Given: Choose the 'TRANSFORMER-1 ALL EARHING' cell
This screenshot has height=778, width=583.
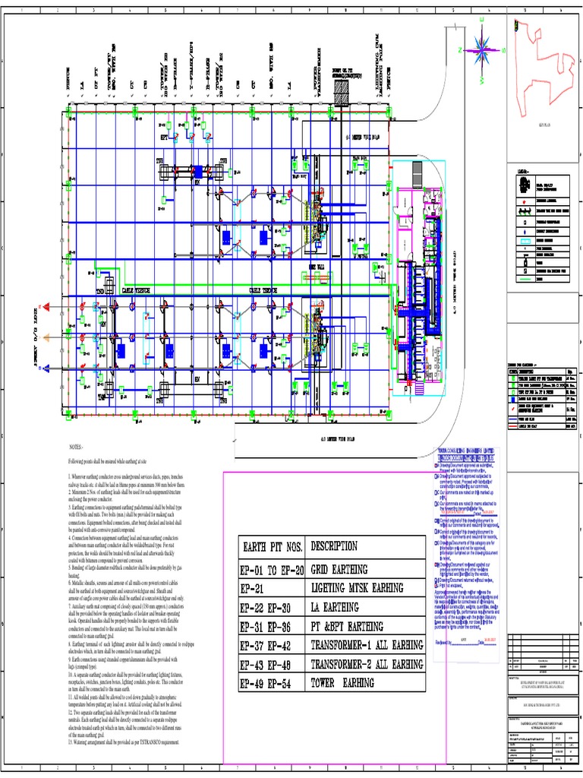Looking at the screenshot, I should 366,645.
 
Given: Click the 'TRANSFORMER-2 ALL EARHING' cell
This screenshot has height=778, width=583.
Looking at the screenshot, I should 366,664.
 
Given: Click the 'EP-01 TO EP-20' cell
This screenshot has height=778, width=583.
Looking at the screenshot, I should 273,568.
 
